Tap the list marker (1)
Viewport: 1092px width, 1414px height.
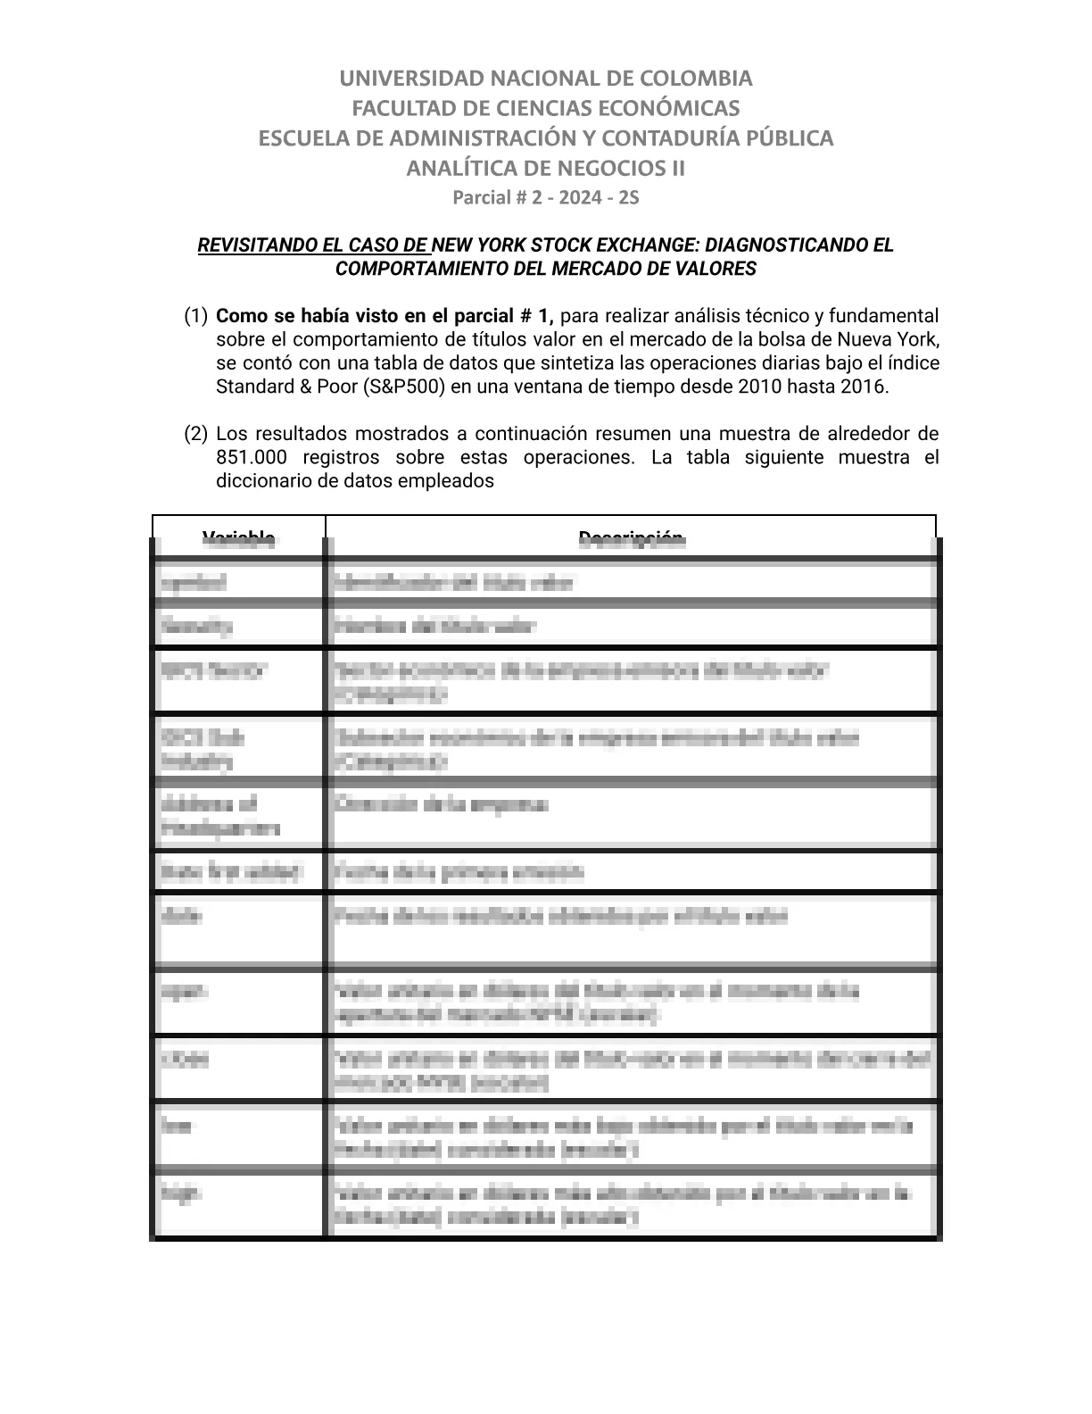(196, 316)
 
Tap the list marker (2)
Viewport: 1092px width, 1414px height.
(196, 434)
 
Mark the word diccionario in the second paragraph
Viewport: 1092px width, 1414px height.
(260, 481)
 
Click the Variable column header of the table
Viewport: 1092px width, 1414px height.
(238, 537)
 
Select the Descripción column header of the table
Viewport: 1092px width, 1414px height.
(631, 537)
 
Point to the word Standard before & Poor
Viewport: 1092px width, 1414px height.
(253, 387)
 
